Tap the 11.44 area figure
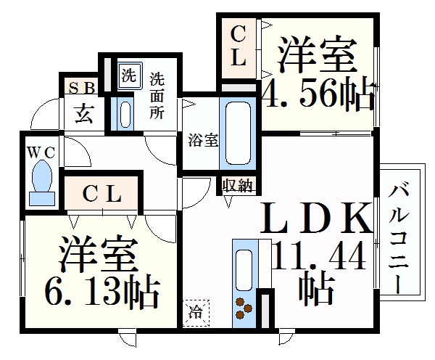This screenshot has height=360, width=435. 320,258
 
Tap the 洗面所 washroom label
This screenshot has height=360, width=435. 157,96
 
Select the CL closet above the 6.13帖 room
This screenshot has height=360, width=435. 100,194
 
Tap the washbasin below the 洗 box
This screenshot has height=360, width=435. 125,113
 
